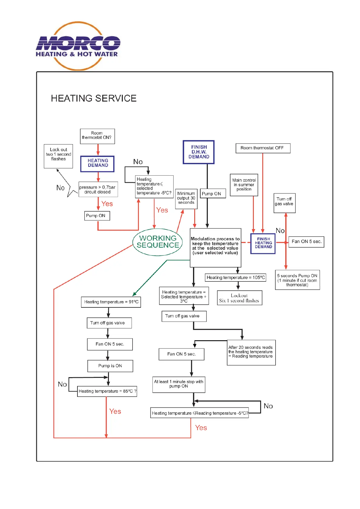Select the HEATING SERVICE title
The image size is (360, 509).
click(x=93, y=98)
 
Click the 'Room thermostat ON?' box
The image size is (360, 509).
click(x=97, y=136)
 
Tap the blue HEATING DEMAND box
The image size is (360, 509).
click(x=97, y=164)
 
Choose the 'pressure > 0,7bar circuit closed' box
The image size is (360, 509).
click(x=98, y=190)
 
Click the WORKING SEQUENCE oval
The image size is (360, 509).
click(x=158, y=242)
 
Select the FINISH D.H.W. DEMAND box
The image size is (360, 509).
click(x=198, y=152)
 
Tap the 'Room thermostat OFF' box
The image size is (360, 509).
click(x=263, y=148)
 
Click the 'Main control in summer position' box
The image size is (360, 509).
click(x=244, y=185)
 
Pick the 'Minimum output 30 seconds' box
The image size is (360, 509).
click(x=186, y=199)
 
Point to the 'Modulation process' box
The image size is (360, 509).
click(x=215, y=247)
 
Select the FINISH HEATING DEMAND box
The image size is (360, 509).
click(x=263, y=243)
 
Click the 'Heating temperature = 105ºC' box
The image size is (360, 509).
click(x=235, y=277)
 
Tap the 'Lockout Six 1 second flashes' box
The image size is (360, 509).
click(x=239, y=298)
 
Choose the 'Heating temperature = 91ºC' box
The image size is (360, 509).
click(x=111, y=302)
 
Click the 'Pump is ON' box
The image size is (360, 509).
click(x=110, y=366)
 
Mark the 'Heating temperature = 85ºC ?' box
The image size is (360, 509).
click(x=107, y=391)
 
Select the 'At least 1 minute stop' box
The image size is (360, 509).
click(x=179, y=384)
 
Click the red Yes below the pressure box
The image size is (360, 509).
click(x=107, y=204)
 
